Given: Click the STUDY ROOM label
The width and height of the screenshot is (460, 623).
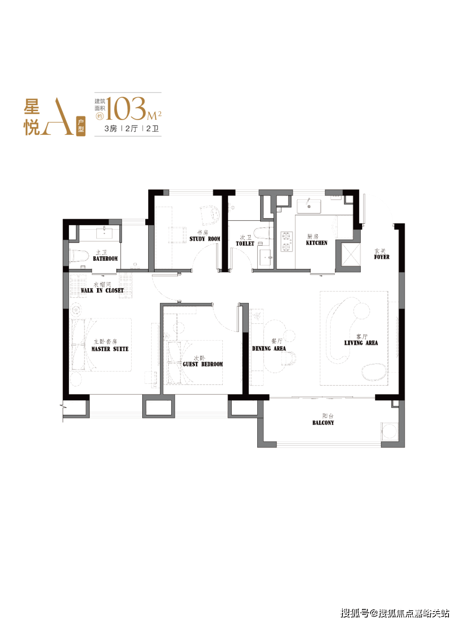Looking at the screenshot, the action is coord(205,239).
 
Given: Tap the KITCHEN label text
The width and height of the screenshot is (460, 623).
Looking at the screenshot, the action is coord(316,243).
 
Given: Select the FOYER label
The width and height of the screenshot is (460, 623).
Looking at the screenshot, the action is coord(382,257).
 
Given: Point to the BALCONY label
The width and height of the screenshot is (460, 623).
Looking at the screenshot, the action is coord(323,423).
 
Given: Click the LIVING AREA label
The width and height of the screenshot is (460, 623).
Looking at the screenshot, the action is coord(361,343).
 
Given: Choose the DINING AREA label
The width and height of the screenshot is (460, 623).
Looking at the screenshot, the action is coord(269,349).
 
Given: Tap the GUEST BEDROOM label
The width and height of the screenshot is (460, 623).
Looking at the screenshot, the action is coord(203,364).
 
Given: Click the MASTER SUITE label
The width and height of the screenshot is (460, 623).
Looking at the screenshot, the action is coord(110,349).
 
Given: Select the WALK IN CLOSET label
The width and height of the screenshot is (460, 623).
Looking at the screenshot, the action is coord(102,290).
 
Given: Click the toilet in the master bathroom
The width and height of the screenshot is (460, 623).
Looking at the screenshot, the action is coord(79,256).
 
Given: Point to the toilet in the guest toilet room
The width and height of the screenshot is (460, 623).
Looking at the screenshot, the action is coord(263,233).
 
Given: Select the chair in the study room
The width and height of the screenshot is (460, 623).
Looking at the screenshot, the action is coord(210,215).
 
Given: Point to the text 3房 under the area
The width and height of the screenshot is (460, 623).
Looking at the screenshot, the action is coord(111,129).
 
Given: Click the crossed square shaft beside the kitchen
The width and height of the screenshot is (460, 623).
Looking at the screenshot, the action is coord(351,254).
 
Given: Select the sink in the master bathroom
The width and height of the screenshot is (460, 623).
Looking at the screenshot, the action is coord(104,233).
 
